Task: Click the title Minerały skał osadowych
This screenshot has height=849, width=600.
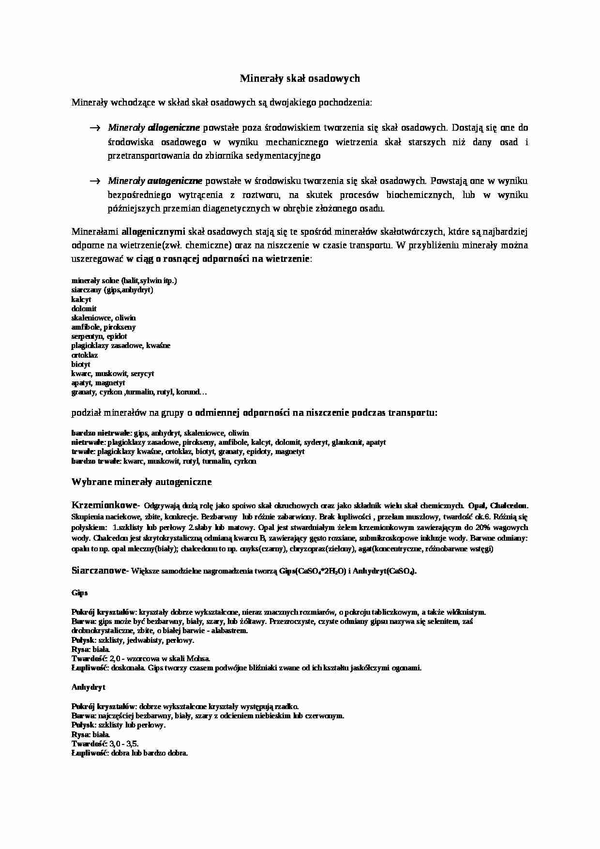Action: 300,78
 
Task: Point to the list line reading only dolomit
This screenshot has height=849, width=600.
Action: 84,308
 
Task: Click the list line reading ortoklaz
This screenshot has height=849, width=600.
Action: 85,355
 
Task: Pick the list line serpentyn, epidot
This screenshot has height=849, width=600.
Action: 99,336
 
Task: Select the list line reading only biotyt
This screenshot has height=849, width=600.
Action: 81,364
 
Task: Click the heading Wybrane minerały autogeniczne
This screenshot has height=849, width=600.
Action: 141,482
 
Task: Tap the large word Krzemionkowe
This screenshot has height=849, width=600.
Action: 104,505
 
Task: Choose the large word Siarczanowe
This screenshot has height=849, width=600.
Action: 98,571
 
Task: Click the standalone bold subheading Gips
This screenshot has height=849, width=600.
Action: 79,592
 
